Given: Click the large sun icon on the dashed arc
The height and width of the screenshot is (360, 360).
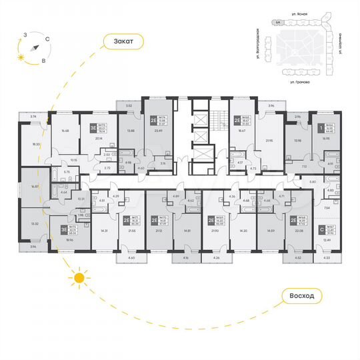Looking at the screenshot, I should [x=79, y=277].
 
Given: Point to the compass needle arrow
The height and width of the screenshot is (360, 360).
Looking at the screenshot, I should [x=32, y=47].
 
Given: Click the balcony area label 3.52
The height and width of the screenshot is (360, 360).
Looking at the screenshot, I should [x=130, y=105].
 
